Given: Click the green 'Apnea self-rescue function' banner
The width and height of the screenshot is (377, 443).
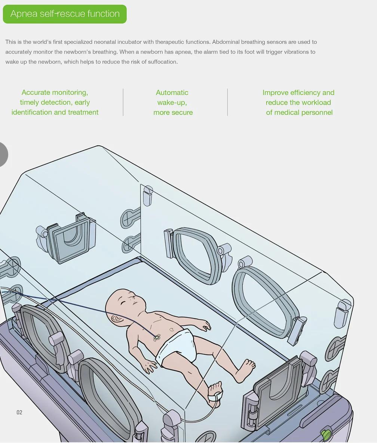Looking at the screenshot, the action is [x=65, y=14].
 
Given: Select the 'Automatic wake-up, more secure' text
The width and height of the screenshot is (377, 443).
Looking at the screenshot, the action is [x=172, y=102].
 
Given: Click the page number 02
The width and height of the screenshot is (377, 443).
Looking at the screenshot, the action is [x=19, y=412].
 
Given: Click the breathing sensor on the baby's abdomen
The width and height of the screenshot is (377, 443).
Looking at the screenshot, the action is [x=157, y=337].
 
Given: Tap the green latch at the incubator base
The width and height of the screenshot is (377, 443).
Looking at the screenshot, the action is [x=326, y=435].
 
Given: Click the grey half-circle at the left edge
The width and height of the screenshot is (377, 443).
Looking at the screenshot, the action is [x=3, y=155].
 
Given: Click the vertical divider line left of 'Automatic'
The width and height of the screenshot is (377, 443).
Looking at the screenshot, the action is [x=123, y=102].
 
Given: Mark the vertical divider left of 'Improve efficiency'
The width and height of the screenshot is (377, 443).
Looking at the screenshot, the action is [x=227, y=102].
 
